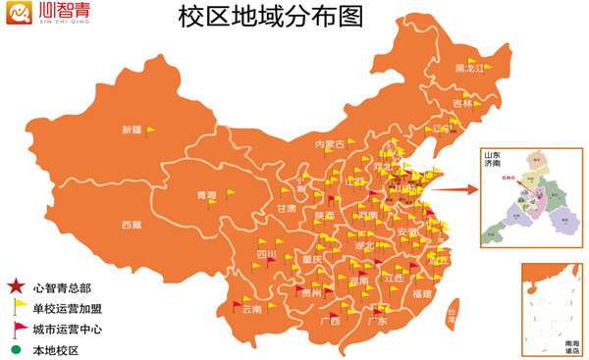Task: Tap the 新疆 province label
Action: tap(132, 130)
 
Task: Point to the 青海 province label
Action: tap(206, 195)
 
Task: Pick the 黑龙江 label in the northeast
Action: tap(470, 68)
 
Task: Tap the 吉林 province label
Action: tap(461, 103)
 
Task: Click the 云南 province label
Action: tap(251, 309)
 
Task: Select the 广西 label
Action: tap(330, 321)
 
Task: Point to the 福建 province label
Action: tap(422, 293)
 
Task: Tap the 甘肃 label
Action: tap(286, 209)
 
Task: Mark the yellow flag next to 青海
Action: tap(228, 192)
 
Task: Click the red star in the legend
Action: tap(17, 287)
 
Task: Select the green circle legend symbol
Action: tap(17, 349)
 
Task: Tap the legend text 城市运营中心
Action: tap(68, 330)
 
